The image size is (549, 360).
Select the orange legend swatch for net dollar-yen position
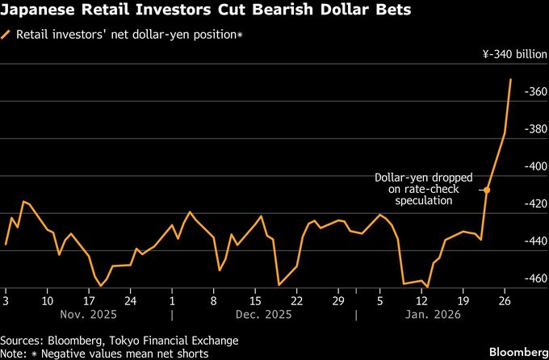[x=7, y=36]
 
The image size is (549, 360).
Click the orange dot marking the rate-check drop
[x=487, y=190]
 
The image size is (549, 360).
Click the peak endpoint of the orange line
[x=511, y=79]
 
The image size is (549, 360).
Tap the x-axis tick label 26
[x=505, y=298]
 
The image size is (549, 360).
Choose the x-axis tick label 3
[x=6, y=298]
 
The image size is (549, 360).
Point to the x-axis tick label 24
[x=131, y=298]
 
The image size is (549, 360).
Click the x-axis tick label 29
[x=339, y=298]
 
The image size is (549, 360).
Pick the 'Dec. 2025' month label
[x=263, y=314]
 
